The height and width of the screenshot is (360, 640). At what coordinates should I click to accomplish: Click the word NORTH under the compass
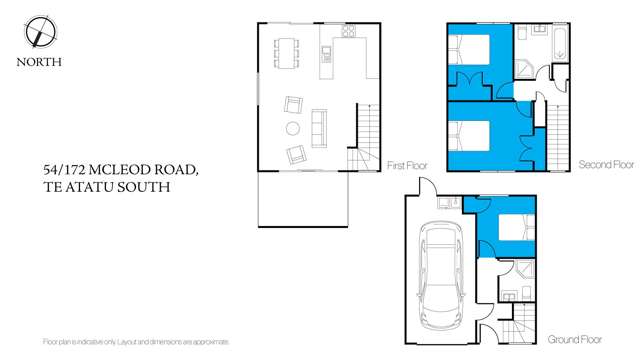click(x=40, y=61)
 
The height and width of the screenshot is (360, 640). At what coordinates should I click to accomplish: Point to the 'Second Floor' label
click(x=605, y=163)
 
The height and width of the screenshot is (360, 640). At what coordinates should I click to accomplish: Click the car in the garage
click(x=439, y=265)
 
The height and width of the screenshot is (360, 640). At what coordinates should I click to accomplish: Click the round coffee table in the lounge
click(x=292, y=129)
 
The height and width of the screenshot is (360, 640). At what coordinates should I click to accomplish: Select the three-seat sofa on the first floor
click(x=320, y=127)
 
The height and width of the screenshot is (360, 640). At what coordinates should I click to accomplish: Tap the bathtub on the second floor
click(x=557, y=43)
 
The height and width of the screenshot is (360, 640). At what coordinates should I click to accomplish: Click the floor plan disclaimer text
click(x=137, y=342)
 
